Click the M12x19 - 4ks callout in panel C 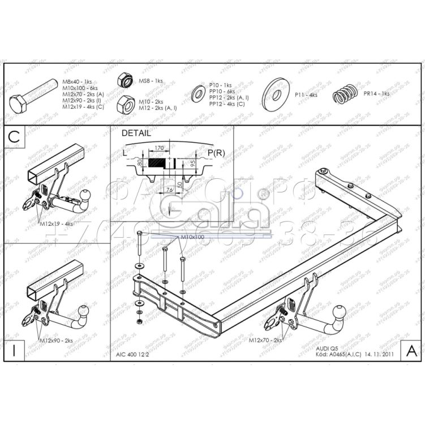57,224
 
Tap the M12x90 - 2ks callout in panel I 56,341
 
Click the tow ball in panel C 87,196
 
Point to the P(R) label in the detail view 216,153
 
